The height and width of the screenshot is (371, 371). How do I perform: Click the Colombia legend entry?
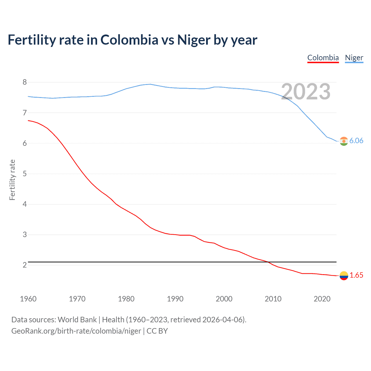pyautogui.click(x=323, y=58)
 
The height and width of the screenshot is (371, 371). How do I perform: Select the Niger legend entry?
pyautogui.click(x=354, y=58)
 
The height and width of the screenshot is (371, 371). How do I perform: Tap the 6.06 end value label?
pyautogui.click(x=356, y=141)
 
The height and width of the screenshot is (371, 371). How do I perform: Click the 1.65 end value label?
pyautogui.click(x=356, y=275)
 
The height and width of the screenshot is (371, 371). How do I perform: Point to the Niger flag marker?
pyautogui.click(x=344, y=141)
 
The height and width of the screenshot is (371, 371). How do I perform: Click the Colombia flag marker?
pyautogui.click(x=344, y=276)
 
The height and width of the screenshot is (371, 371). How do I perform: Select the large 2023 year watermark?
pyautogui.click(x=306, y=92)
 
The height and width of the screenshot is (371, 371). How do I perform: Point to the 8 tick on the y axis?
pyautogui.click(x=25, y=82)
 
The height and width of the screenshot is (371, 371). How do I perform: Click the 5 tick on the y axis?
pyautogui.click(x=25, y=174)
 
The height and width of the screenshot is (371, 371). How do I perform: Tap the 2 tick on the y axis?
pyautogui.click(x=25, y=265)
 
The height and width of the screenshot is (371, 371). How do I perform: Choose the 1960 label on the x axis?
pyautogui.click(x=28, y=299)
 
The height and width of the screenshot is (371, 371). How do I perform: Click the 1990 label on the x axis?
pyautogui.click(x=175, y=299)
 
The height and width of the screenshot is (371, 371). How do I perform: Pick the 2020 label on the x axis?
pyautogui.click(x=322, y=299)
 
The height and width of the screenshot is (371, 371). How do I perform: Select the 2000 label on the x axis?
pyautogui.click(x=224, y=299)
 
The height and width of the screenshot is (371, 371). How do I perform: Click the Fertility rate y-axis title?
pyautogui.click(x=12, y=180)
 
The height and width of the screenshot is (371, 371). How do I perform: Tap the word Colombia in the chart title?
pyautogui.click(x=129, y=40)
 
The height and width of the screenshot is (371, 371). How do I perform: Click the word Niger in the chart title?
pyautogui.click(x=194, y=40)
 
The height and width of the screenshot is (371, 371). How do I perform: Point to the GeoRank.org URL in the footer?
pyautogui.click(x=76, y=331)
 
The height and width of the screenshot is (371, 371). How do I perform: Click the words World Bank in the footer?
pyautogui.click(x=77, y=320)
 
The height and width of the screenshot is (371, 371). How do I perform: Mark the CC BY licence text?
pyautogui.click(x=157, y=331)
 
